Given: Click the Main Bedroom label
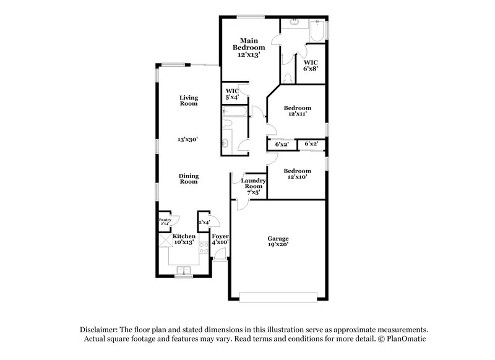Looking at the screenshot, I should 249,44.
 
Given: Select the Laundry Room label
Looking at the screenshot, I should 254,183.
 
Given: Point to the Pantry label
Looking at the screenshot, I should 165,220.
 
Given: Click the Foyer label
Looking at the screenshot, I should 220,236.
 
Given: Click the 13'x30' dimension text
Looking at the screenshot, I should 188,140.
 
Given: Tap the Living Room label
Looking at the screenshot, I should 189,100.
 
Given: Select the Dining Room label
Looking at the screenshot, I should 189,178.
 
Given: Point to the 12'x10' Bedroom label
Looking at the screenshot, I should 298,173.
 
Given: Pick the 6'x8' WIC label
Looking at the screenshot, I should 311,66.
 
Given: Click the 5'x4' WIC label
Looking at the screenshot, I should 233,94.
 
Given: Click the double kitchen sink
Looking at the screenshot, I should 184,270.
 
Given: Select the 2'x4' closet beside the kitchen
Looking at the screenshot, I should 204,222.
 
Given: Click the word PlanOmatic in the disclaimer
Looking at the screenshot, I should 406,340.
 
